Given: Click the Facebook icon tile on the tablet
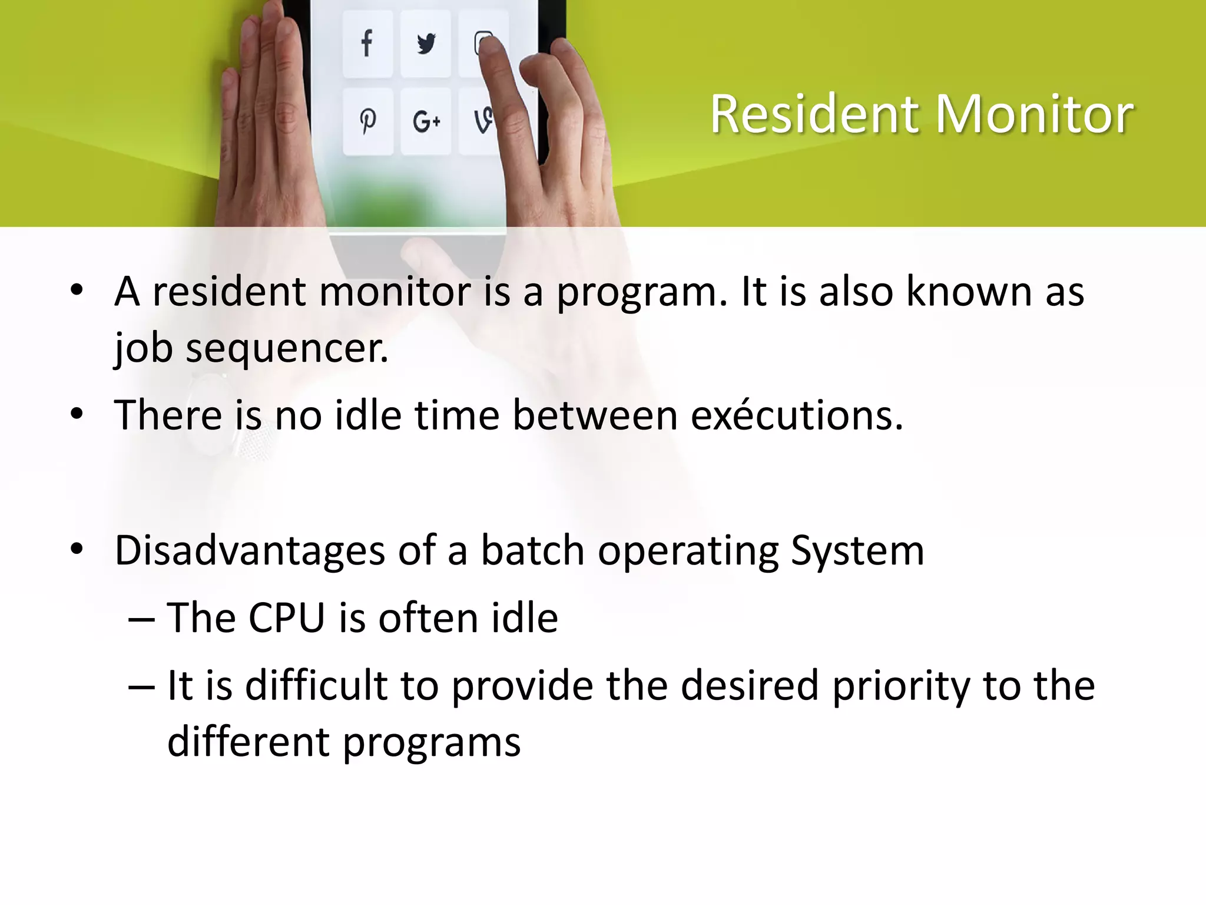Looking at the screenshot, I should point(367,43).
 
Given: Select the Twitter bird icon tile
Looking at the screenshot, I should point(425,43).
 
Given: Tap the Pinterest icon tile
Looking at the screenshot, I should point(367,121).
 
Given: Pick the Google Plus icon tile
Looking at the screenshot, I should point(425,121).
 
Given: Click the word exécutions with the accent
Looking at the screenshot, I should point(796,416).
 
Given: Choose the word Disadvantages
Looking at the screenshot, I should point(250,551).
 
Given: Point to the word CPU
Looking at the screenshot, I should point(287,619).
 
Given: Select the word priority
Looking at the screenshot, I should point(900,686).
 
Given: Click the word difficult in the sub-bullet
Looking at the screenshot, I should point(316,686).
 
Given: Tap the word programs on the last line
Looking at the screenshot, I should point(432,742).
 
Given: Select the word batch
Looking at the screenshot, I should point(532,551).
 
